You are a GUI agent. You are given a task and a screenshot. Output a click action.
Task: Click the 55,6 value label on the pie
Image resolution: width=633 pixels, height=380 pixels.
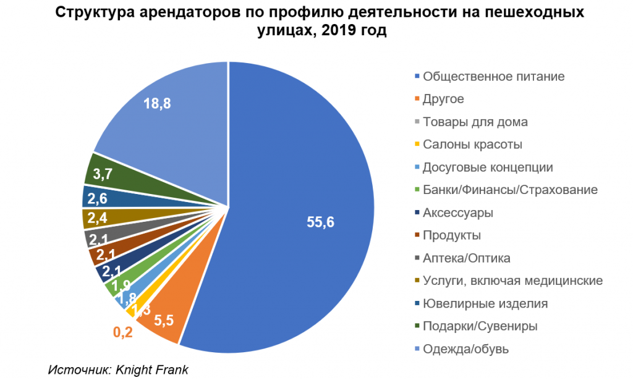pyautogui.click(x=320, y=223)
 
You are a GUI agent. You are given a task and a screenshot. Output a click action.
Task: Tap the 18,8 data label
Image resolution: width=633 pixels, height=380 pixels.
pyautogui.click(x=157, y=104)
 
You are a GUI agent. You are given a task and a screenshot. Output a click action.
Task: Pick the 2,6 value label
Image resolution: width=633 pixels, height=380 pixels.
pyautogui.click(x=99, y=199)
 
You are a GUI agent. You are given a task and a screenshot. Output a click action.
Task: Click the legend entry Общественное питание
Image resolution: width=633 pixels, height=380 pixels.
pyautogui.click(x=493, y=77)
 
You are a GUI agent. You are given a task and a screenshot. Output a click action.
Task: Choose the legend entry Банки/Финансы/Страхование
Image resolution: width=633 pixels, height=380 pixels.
pyautogui.click(x=510, y=190)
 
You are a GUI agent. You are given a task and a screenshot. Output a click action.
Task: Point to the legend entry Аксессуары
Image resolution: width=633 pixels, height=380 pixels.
pyautogui.click(x=457, y=213)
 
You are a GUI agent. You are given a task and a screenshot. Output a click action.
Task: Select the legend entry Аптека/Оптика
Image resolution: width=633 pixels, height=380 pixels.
pyautogui.click(x=466, y=258)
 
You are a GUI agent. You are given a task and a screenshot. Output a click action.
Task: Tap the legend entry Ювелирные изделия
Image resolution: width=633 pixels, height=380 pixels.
pyautogui.click(x=485, y=304)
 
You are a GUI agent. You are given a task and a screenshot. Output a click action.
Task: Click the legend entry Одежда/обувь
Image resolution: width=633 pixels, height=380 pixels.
pyautogui.click(x=465, y=349)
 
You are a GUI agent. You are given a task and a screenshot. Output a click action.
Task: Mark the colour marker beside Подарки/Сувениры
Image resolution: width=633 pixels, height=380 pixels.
pyautogui.click(x=417, y=327)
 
